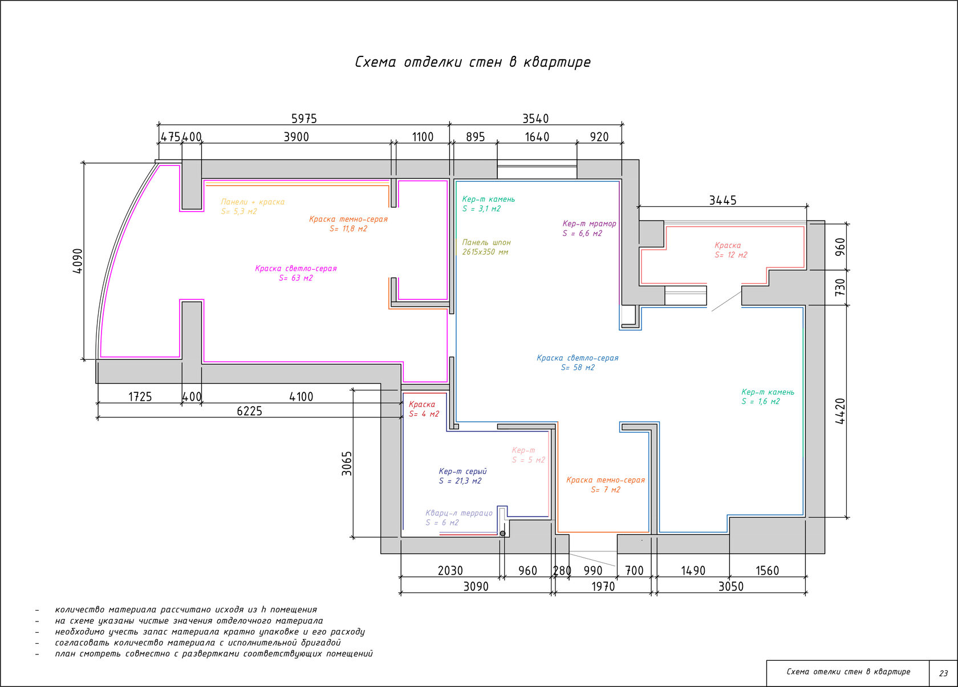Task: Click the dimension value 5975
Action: (x=304, y=119)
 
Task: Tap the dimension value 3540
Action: (x=535, y=119)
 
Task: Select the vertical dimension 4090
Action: (x=78, y=261)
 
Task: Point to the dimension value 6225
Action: (x=249, y=411)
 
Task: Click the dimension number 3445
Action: (x=723, y=200)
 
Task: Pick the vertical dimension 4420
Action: (x=840, y=411)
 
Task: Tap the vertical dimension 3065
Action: (x=347, y=464)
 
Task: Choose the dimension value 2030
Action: (x=450, y=571)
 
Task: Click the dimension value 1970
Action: (x=603, y=587)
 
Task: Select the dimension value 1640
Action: (x=537, y=137)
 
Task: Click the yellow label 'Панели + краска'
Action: (x=253, y=202)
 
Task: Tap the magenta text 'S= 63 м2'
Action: (x=296, y=278)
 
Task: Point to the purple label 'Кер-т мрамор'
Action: (x=590, y=223)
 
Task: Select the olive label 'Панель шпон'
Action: (x=486, y=242)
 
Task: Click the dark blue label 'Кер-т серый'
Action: (x=463, y=471)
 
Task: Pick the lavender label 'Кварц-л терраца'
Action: (x=459, y=513)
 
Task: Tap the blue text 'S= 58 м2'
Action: (x=578, y=368)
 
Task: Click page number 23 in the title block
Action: (x=943, y=673)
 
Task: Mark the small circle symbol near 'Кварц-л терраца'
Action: (x=502, y=534)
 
